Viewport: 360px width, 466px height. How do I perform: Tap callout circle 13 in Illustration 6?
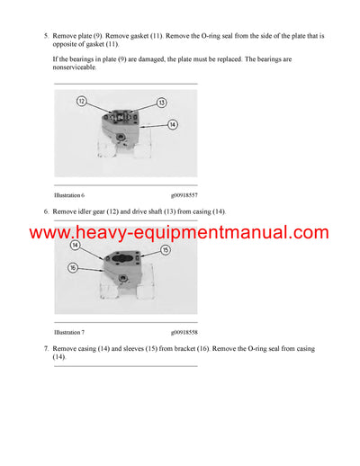point(161,103)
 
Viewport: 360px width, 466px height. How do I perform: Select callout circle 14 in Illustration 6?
point(172,125)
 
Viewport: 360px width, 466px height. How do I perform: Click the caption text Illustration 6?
point(69,195)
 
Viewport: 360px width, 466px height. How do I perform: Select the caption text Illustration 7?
point(69,332)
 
